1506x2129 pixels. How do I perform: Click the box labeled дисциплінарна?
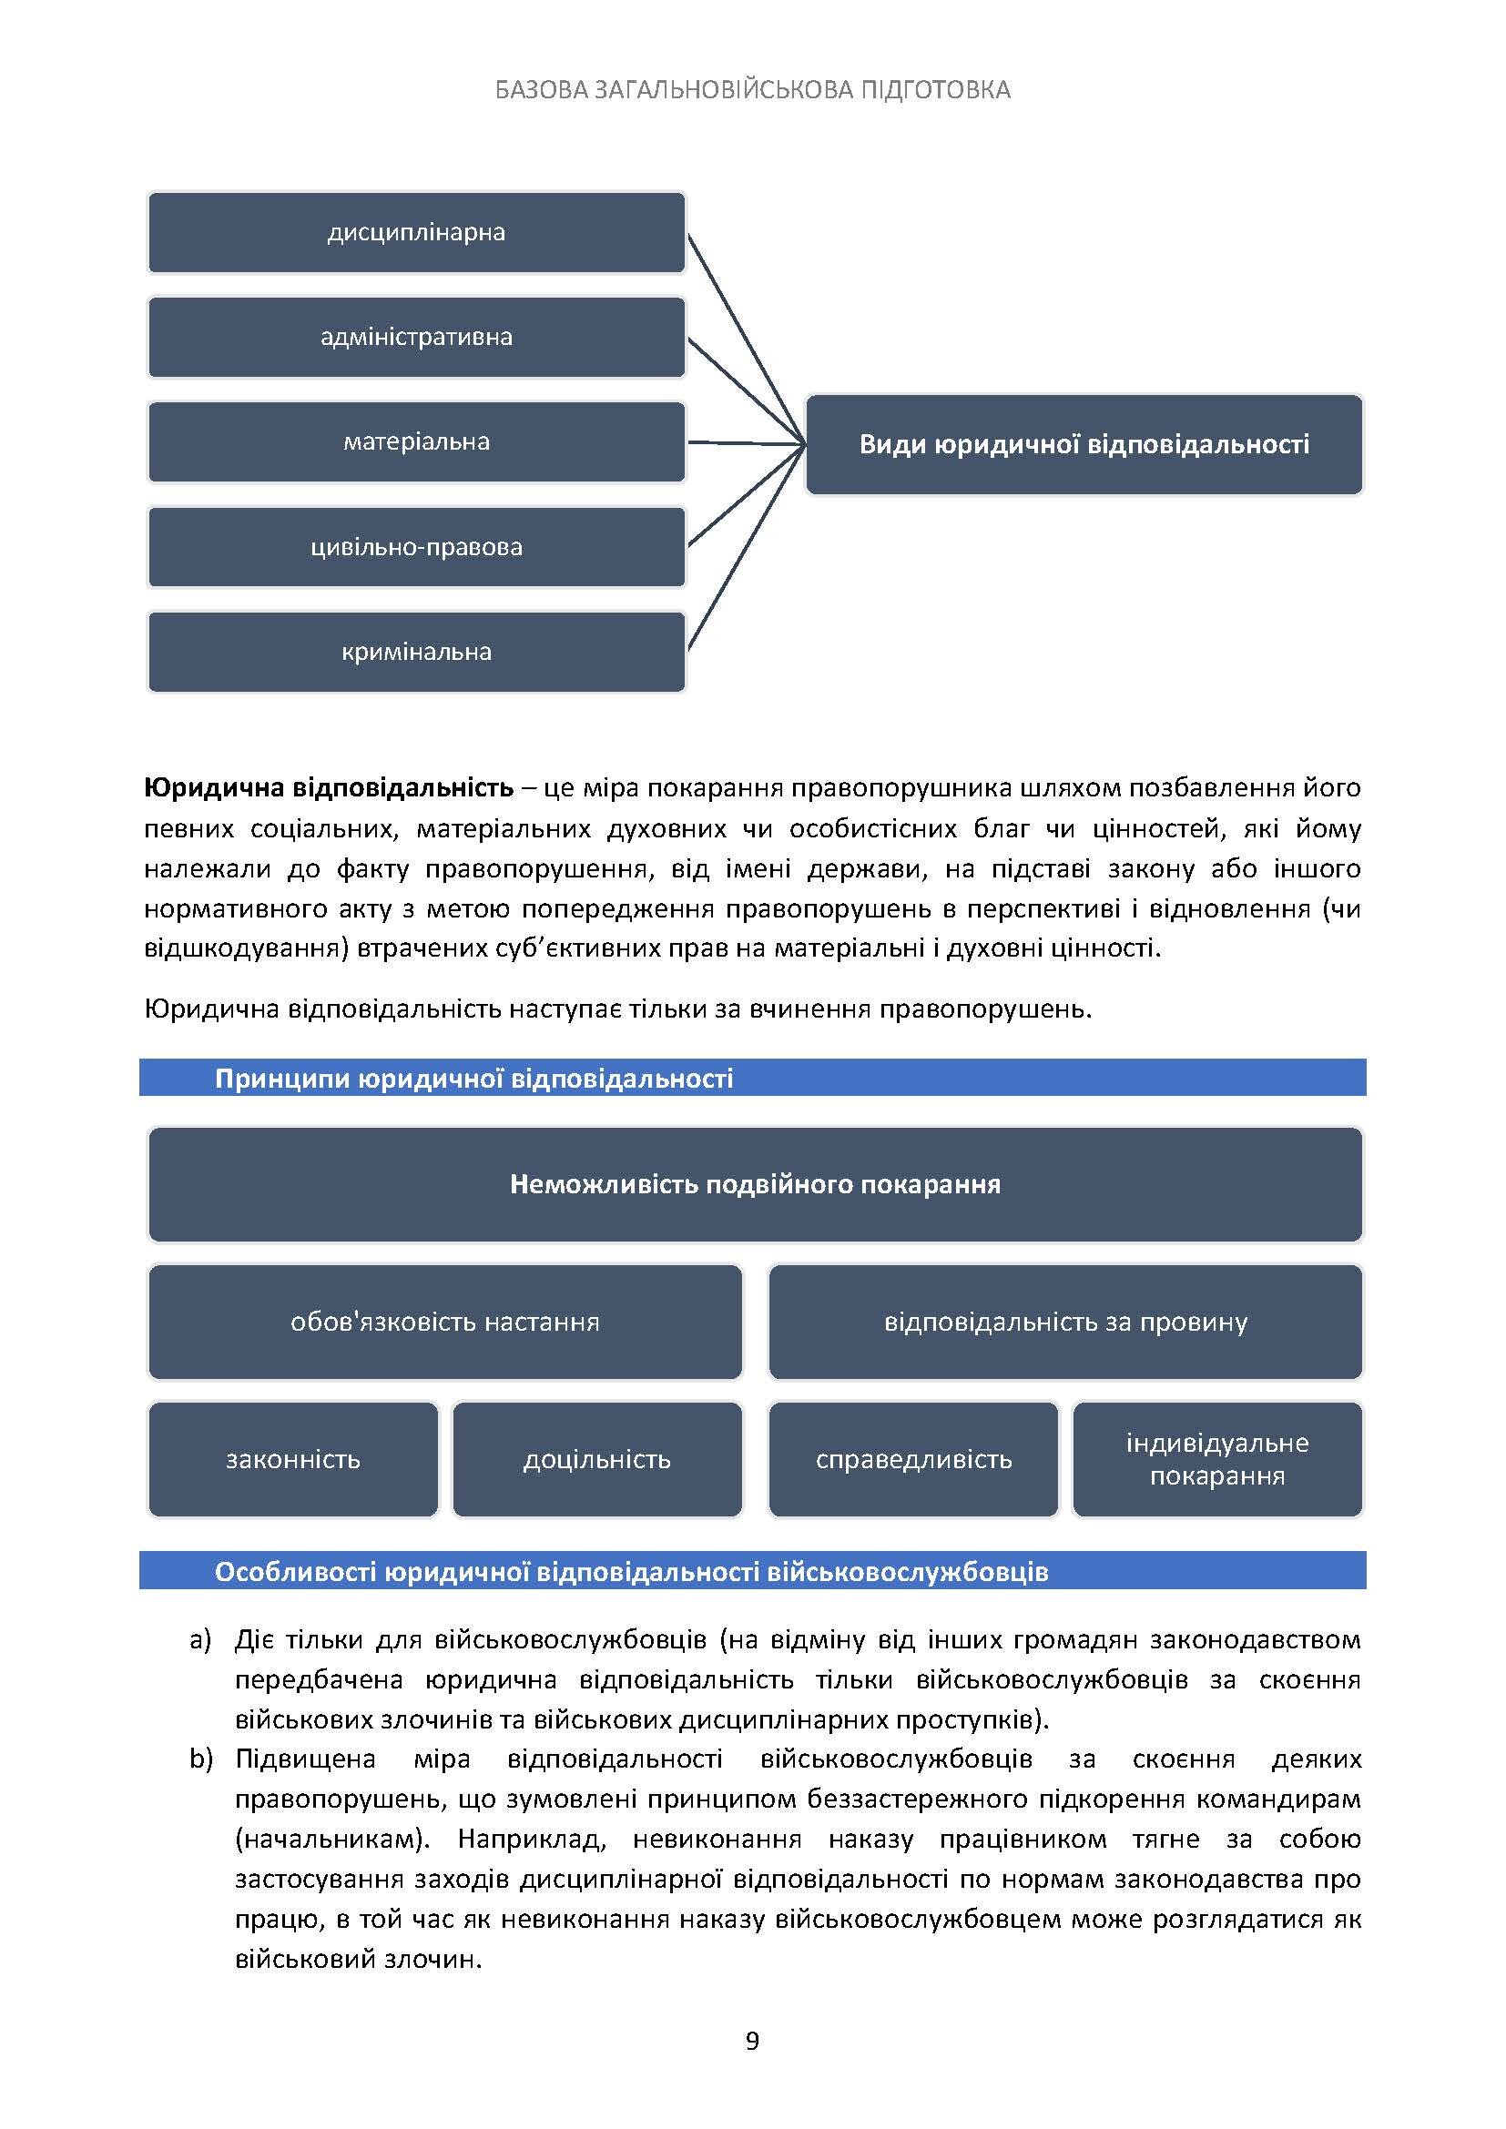(x=416, y=232)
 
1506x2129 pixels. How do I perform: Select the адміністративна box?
(x=416, y=337)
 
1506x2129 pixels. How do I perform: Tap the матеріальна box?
(x=416, y=441)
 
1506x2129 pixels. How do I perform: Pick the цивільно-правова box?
(x=416, y=547)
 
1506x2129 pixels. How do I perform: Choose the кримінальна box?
(x=416, y=652)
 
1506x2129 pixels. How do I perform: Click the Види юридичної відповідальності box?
(x=1084, y=444)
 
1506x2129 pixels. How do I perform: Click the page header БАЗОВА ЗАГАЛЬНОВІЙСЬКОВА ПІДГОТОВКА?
(x=752, y=90)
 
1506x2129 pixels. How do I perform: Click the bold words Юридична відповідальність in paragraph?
(x=329, y=788)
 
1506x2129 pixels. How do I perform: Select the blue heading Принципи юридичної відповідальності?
(x=473, y=1079)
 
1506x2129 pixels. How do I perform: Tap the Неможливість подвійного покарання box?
(x=755, y=1184)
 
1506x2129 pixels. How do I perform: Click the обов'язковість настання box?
(x=445, y=1322)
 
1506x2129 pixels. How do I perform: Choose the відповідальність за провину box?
(x=1064, y=1322)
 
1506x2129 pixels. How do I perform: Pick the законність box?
(x=293, y=1459)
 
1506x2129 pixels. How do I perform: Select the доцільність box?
(x=597, y=1459)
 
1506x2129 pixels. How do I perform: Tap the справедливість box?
(x=913, y=1459)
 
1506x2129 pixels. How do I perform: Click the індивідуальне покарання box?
(x=1216, y=1459)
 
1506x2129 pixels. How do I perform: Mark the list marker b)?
(x=201, y=1759)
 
